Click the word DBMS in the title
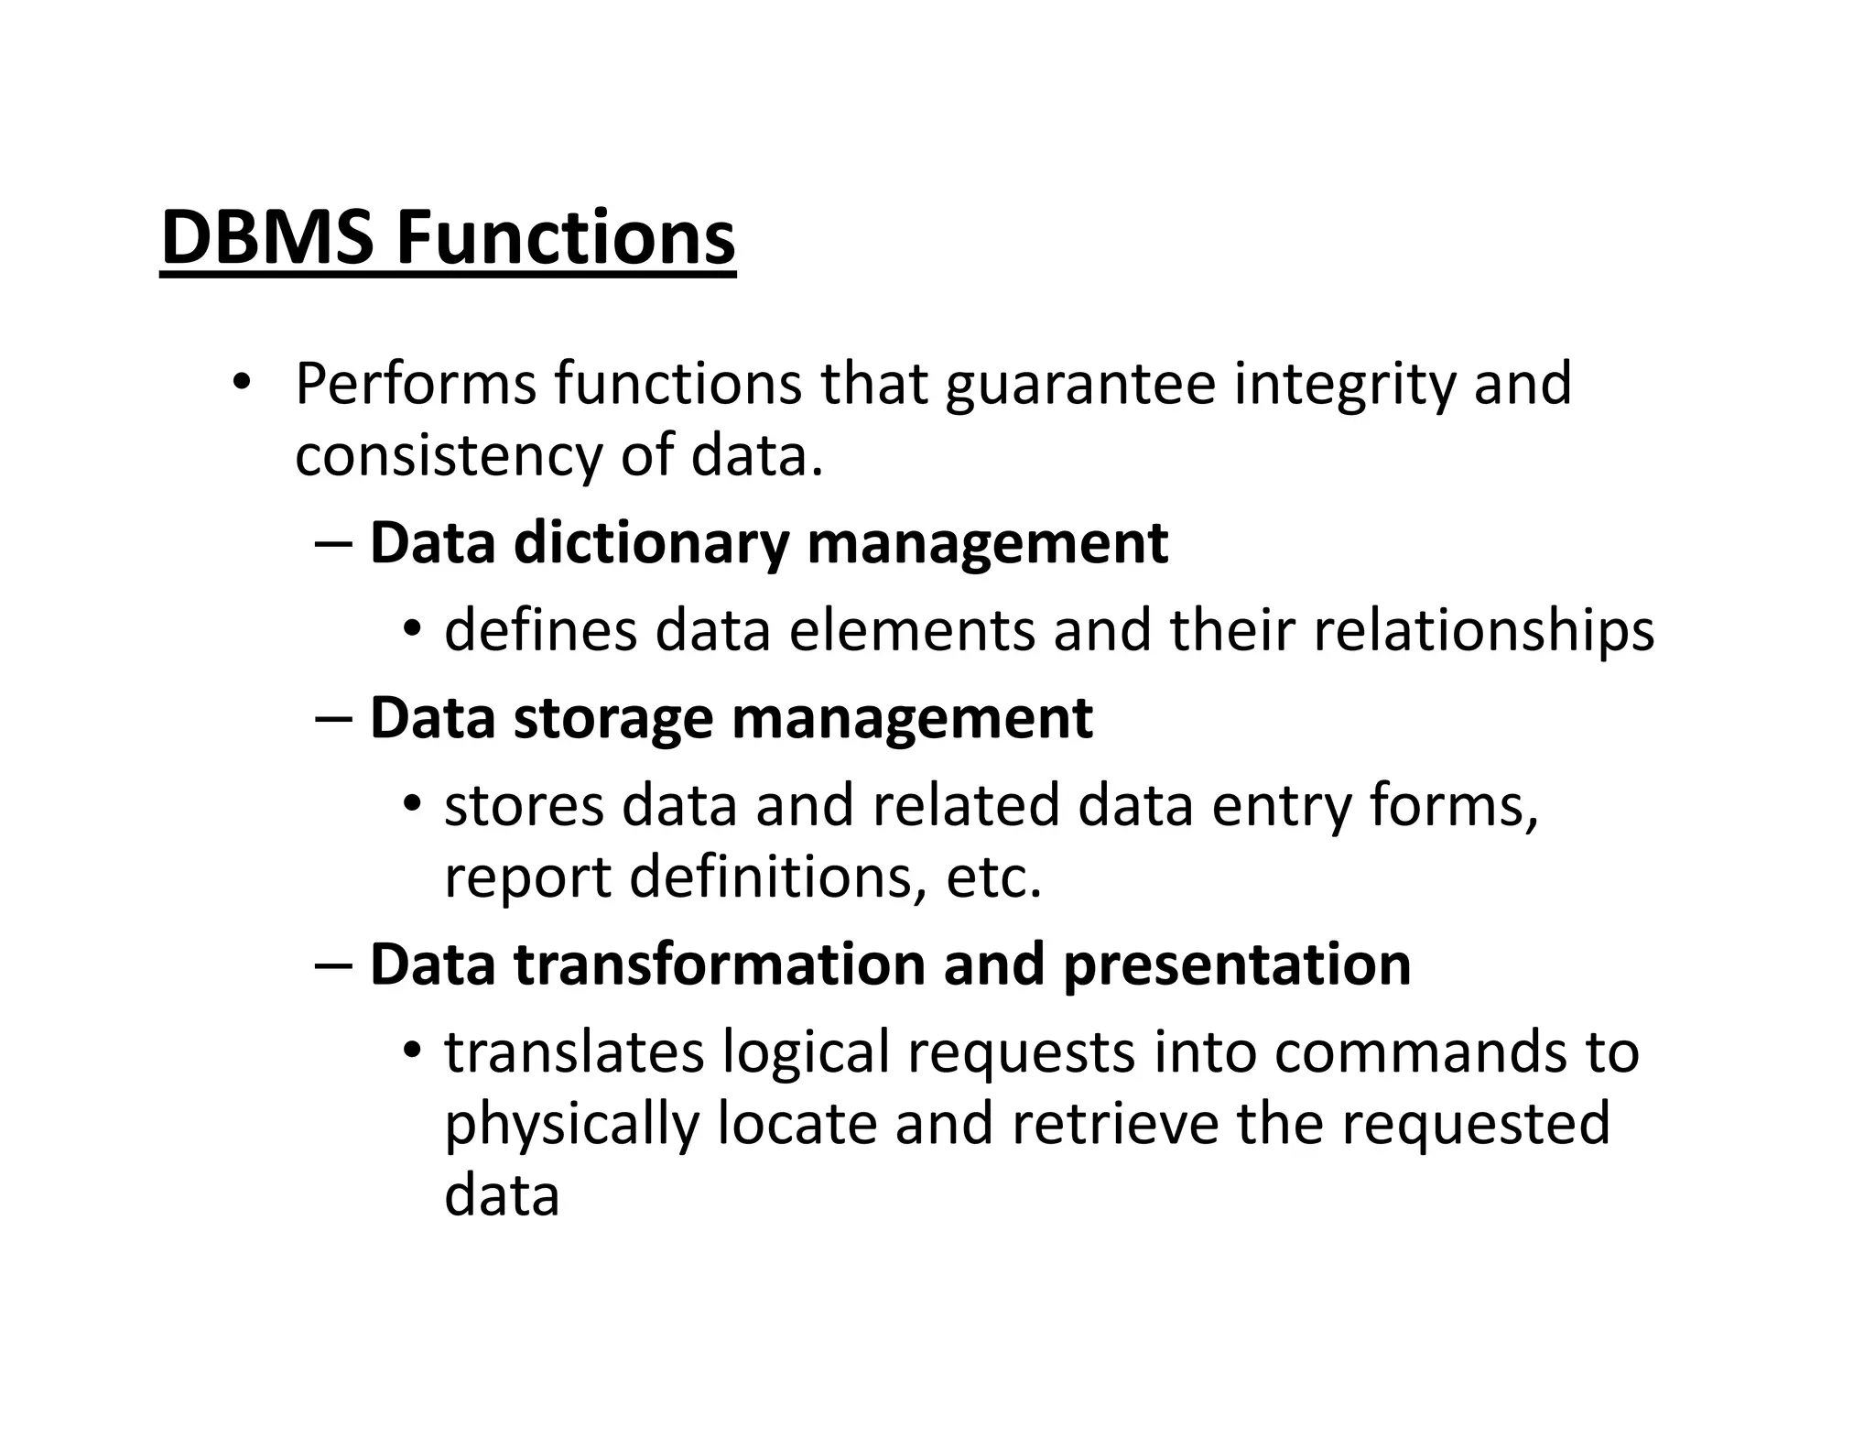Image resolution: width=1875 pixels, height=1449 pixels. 266,237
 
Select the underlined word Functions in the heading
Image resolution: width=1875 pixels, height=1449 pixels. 565,237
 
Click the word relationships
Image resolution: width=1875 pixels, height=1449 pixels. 1483,630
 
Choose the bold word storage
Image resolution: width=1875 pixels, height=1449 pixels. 612,717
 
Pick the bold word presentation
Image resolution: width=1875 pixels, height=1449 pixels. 1236,964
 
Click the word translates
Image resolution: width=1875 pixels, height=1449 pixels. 574,1051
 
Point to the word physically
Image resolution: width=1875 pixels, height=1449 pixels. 571,1124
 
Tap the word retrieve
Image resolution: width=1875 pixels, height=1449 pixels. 1115,1124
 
